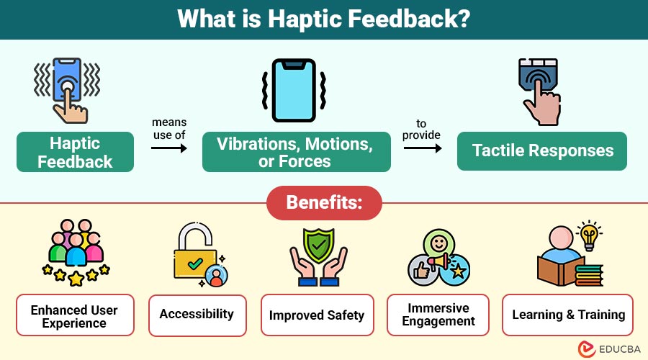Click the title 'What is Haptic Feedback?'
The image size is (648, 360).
tap(324, 19)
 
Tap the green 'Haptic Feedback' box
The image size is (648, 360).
tap(75, 152)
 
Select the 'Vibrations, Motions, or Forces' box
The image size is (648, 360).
tap(296, 152)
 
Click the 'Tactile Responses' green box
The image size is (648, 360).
tap(542, 151)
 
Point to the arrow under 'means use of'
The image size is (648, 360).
tap(169, 148)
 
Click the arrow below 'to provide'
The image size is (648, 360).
tap(421, 148)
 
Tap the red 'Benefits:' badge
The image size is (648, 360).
tap(324, 203)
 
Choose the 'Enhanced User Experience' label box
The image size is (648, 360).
tap(74, 315)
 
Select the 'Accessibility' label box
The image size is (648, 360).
tap(197, 315)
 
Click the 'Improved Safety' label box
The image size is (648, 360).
tap(317, 315)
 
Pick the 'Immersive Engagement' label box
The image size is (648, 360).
tap(438, 315)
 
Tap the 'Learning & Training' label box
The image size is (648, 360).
tap(567, 315)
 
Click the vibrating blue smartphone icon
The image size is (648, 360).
tap(296, 91)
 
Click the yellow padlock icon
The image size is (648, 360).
tap(194, 256)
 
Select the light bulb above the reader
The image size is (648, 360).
tap(590, 233)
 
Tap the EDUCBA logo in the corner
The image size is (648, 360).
tap(603, 348)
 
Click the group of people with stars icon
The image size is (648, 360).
tap(74, 252)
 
